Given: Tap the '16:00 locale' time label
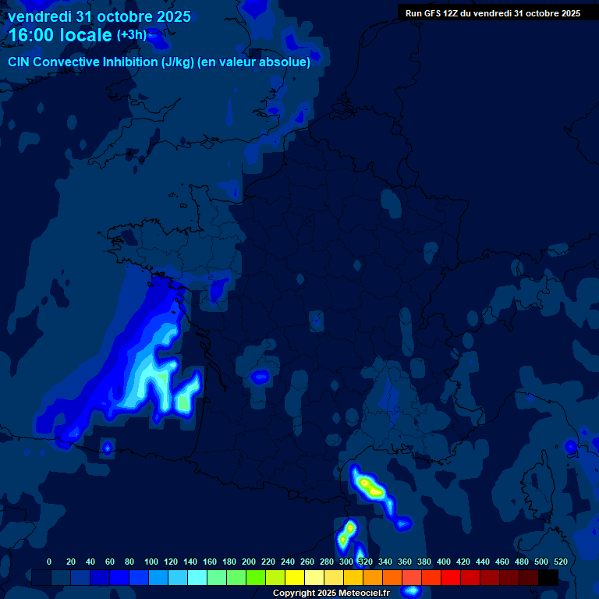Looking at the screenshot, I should click(x=60, y=35).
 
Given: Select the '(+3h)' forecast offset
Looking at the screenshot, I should click(x=131, y=35).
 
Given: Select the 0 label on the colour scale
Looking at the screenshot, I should click(x=49, y=562).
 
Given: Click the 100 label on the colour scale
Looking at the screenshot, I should click(x=151, y=562).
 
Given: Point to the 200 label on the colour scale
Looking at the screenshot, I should click(x=249, y=562).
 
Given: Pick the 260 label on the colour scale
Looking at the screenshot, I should click(x=307, y=562).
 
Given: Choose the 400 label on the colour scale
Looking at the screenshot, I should click(x=444, y=562).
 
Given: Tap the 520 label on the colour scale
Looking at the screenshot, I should click(x=560, y=562).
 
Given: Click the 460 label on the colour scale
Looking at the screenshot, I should click(x=502, y=562).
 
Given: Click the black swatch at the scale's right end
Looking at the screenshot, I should click(x=548, y=578).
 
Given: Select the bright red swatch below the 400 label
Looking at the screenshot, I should click(x=451, y=578).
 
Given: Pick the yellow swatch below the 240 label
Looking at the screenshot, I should click(x=295, y=578).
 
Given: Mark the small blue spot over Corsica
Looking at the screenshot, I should click(x=571, y=446).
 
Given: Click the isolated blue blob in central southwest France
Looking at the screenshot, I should click(x=260, y=377).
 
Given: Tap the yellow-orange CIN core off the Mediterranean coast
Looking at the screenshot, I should click(x=369, y=487).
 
